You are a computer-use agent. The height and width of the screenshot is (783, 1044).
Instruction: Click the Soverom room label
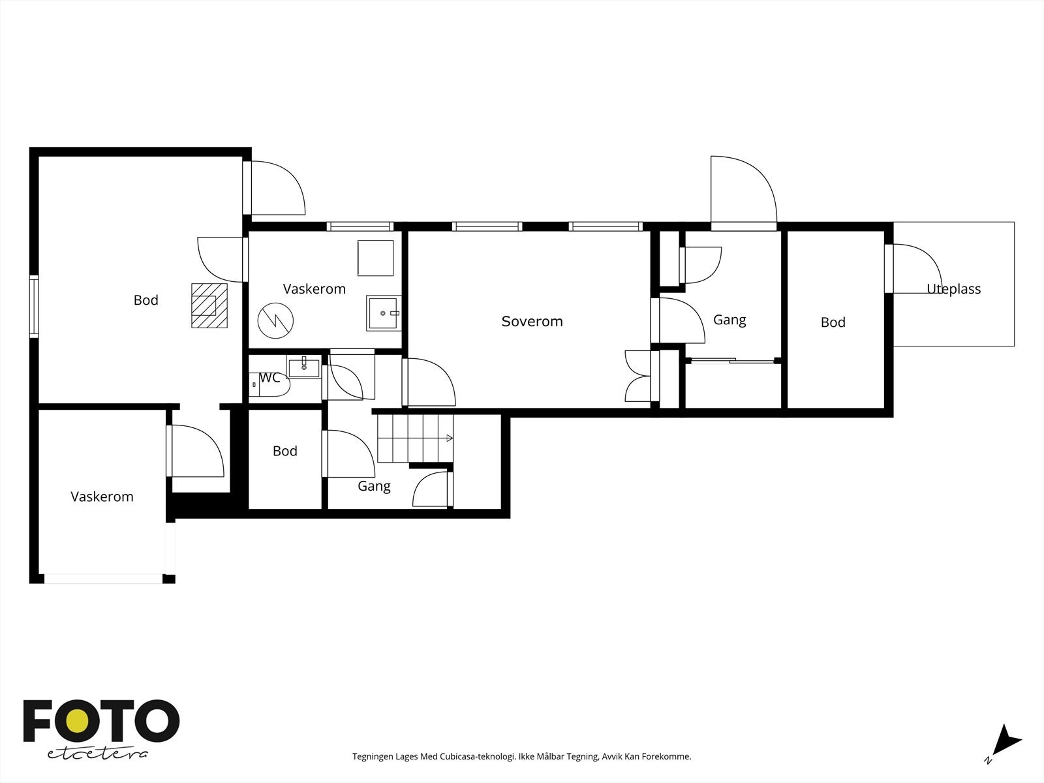pos(532,322)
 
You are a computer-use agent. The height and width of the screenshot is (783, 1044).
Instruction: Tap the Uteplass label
pos(954,289)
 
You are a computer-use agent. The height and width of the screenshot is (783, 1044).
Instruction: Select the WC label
pos(269,378)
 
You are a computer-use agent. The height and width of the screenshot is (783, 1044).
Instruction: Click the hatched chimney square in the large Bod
pos(209,305)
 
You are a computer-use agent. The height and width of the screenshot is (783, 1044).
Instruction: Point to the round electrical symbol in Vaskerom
pos(275,321)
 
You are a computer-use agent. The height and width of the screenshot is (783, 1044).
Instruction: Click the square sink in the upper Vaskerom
pos(384,313)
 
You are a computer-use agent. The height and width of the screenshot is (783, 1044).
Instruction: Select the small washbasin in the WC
pos(304,367)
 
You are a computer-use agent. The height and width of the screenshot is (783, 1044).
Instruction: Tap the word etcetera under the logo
pos(97,754)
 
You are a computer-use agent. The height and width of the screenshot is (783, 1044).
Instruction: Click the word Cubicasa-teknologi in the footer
pos(478,757)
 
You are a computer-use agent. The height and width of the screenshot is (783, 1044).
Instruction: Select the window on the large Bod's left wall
pos(34,307)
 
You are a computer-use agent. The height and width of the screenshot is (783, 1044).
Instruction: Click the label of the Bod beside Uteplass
pos(833,323)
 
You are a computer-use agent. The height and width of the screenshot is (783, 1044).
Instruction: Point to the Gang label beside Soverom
pos(729,320)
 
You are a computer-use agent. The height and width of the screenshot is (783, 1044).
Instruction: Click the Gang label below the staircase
pos(375,486)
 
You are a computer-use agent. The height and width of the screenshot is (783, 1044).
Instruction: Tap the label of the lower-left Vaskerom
pos(102,497)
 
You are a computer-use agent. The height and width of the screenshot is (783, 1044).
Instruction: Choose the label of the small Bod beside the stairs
pos(285,451)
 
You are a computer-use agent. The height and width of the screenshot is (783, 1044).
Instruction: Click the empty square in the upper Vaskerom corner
pos(376,258)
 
